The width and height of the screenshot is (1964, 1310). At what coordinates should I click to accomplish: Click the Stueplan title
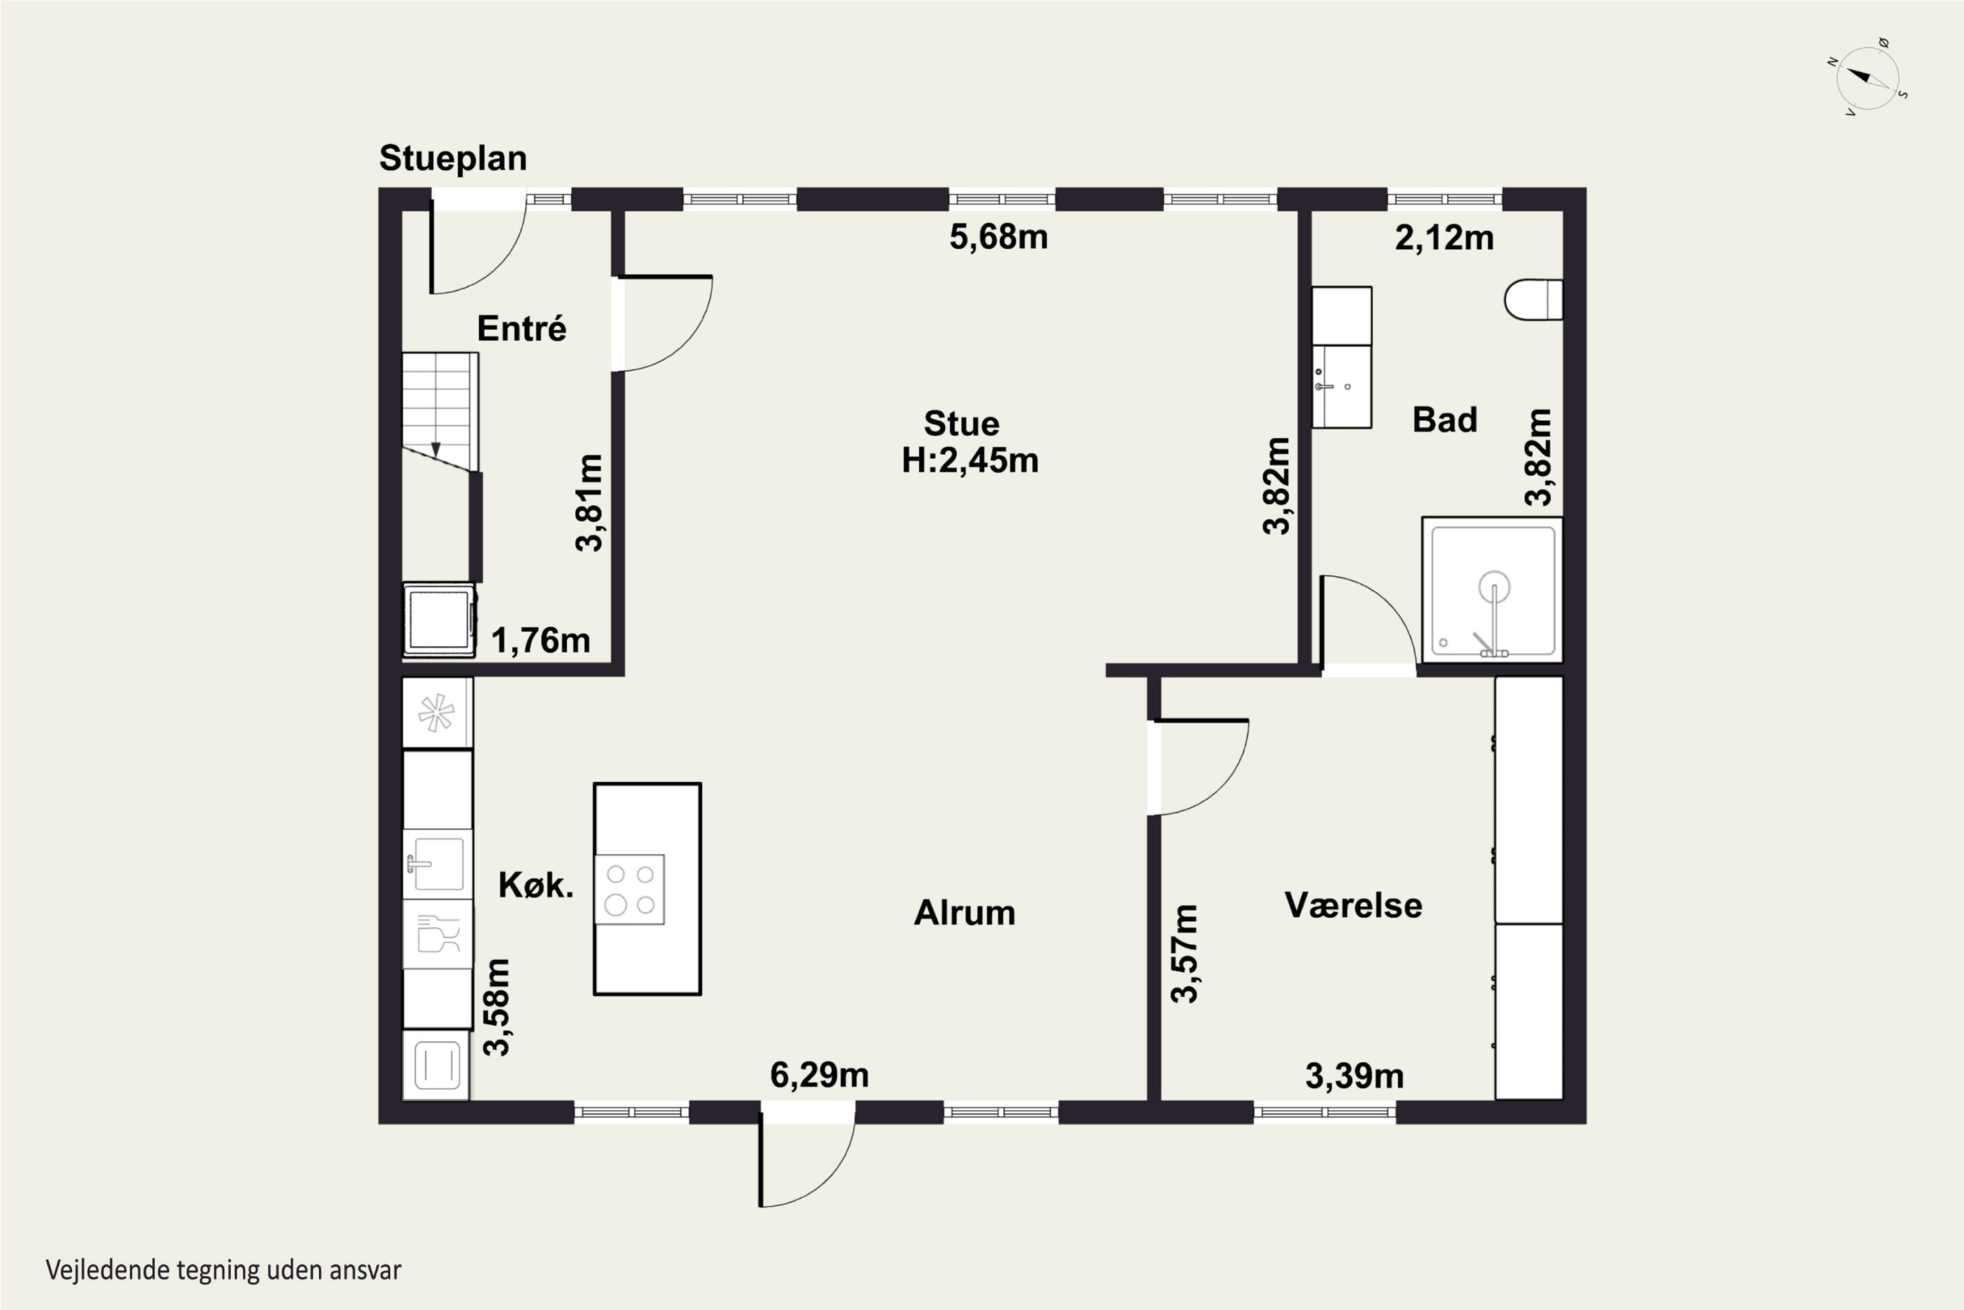coord(452,158)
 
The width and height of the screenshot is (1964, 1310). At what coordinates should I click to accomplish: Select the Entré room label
coord(521,328)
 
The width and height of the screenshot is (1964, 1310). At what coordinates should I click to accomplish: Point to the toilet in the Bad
coord(1533,299)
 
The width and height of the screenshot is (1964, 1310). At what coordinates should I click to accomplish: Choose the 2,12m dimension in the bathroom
coord(1444,238)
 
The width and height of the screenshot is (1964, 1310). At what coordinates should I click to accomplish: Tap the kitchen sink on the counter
coord(437,863)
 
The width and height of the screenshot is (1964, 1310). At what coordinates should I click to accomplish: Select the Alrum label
coord(964,912)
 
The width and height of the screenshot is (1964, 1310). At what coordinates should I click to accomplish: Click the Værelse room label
coord(1353,905)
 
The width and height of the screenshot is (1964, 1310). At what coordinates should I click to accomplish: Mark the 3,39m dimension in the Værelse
coord(1355,1076)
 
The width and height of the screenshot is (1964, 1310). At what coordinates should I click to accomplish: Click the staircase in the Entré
coord(440,411)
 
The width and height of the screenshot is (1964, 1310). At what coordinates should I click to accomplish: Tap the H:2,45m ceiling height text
coord(970,460)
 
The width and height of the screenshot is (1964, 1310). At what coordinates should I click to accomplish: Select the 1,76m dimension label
coord(540,641)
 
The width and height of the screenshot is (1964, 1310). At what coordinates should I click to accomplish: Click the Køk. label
coord(536,885)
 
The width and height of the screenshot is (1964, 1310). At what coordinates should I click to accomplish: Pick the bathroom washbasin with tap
coord(1341,386)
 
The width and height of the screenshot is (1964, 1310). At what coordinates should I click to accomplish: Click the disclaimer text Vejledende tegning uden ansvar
coord(224,1270)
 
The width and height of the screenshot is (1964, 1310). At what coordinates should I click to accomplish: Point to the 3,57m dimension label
coord(1184,953)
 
